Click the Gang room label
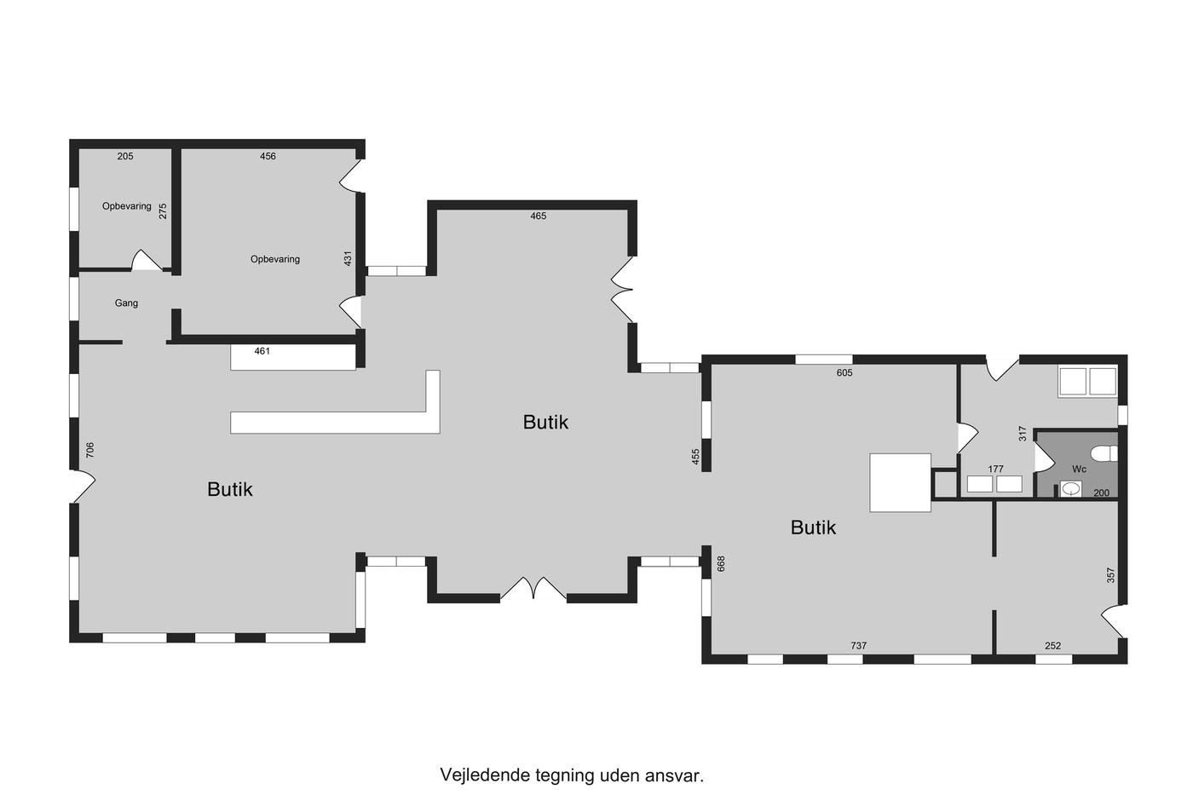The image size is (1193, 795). tap(126, 303)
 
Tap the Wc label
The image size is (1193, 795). tap(1079, 470)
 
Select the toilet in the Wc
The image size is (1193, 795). tap(1104, 453)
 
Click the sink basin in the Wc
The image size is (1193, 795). tap(1070, 488)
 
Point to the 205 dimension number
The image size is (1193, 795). tap(125, 156)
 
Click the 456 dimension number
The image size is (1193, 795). tap(268, 156)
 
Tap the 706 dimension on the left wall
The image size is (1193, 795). tap(90, 450)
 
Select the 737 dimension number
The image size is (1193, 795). tap(859, 645)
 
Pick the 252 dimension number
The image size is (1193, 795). tap(1053, 645)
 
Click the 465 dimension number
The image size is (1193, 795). tap(539, 216)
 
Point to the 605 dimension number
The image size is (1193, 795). tap(844, 372)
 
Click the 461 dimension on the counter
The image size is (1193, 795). tap(262, 351)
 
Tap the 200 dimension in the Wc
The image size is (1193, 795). tap(1101, 493)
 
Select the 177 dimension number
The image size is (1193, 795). tap(995, 470)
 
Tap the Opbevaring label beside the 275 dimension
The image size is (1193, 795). tap(127, 206)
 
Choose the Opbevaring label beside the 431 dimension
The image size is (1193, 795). tap(275, 260)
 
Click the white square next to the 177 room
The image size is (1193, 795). tap(900, 482)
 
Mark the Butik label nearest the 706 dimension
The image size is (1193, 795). tap(230, 489)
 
